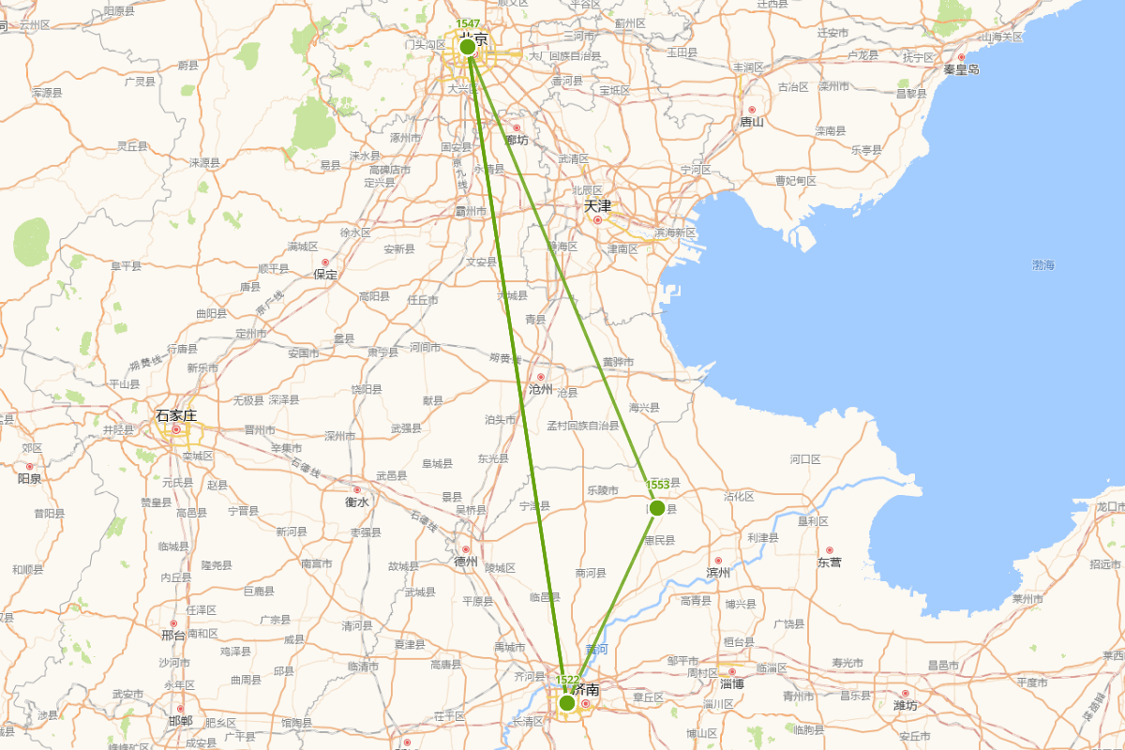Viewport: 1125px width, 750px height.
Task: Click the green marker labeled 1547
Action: pyautogui.click(x=468, y=47)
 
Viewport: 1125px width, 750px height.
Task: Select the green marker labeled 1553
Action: pyautogui.click(x=657, y=507)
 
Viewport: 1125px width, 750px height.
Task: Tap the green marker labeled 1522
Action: pyautogui.click(x=567, y=702)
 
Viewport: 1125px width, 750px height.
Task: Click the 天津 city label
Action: pyautogui.click(x=597, y=205)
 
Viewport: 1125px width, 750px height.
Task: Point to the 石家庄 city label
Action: pyautogui.click(x=175, y=414)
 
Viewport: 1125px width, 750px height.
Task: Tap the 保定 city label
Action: pyautogui.click(x=325, y=275)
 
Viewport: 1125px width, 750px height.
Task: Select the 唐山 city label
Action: pyautogui.click(x=752, y=121)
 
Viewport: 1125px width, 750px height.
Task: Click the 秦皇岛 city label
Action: pyautogui.click(x=961, y=69)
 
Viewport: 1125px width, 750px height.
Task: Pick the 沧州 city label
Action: pyautogui.click(x=541, y=388)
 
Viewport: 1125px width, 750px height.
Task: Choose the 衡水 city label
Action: pyautogui.click(x=357, y=502)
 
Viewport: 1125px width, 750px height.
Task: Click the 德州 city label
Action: pyautogui.click(x=466, y=562)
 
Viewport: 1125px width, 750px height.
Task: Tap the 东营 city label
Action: pyautogui.click(x=829, y=562)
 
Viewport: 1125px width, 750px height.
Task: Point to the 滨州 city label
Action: pyautogui.click(x=719, y=572)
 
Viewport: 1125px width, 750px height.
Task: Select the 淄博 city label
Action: pyautogui.click(x=732, y=683)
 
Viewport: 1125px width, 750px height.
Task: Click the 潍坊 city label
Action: pyautogui.click(x=905, y=705)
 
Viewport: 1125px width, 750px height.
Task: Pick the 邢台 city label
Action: pyautogui.click(x=173, y=635)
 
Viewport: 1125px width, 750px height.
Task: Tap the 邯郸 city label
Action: pyautogui.click(x=180, y=721)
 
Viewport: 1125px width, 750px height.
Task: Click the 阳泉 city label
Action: pyautogui.click(x=29, y=477)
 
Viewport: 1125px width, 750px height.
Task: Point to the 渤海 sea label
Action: pyautogui.click(x=1043, y=265)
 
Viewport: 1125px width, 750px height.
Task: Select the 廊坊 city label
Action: pyautogui.click(x=517, y=140)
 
